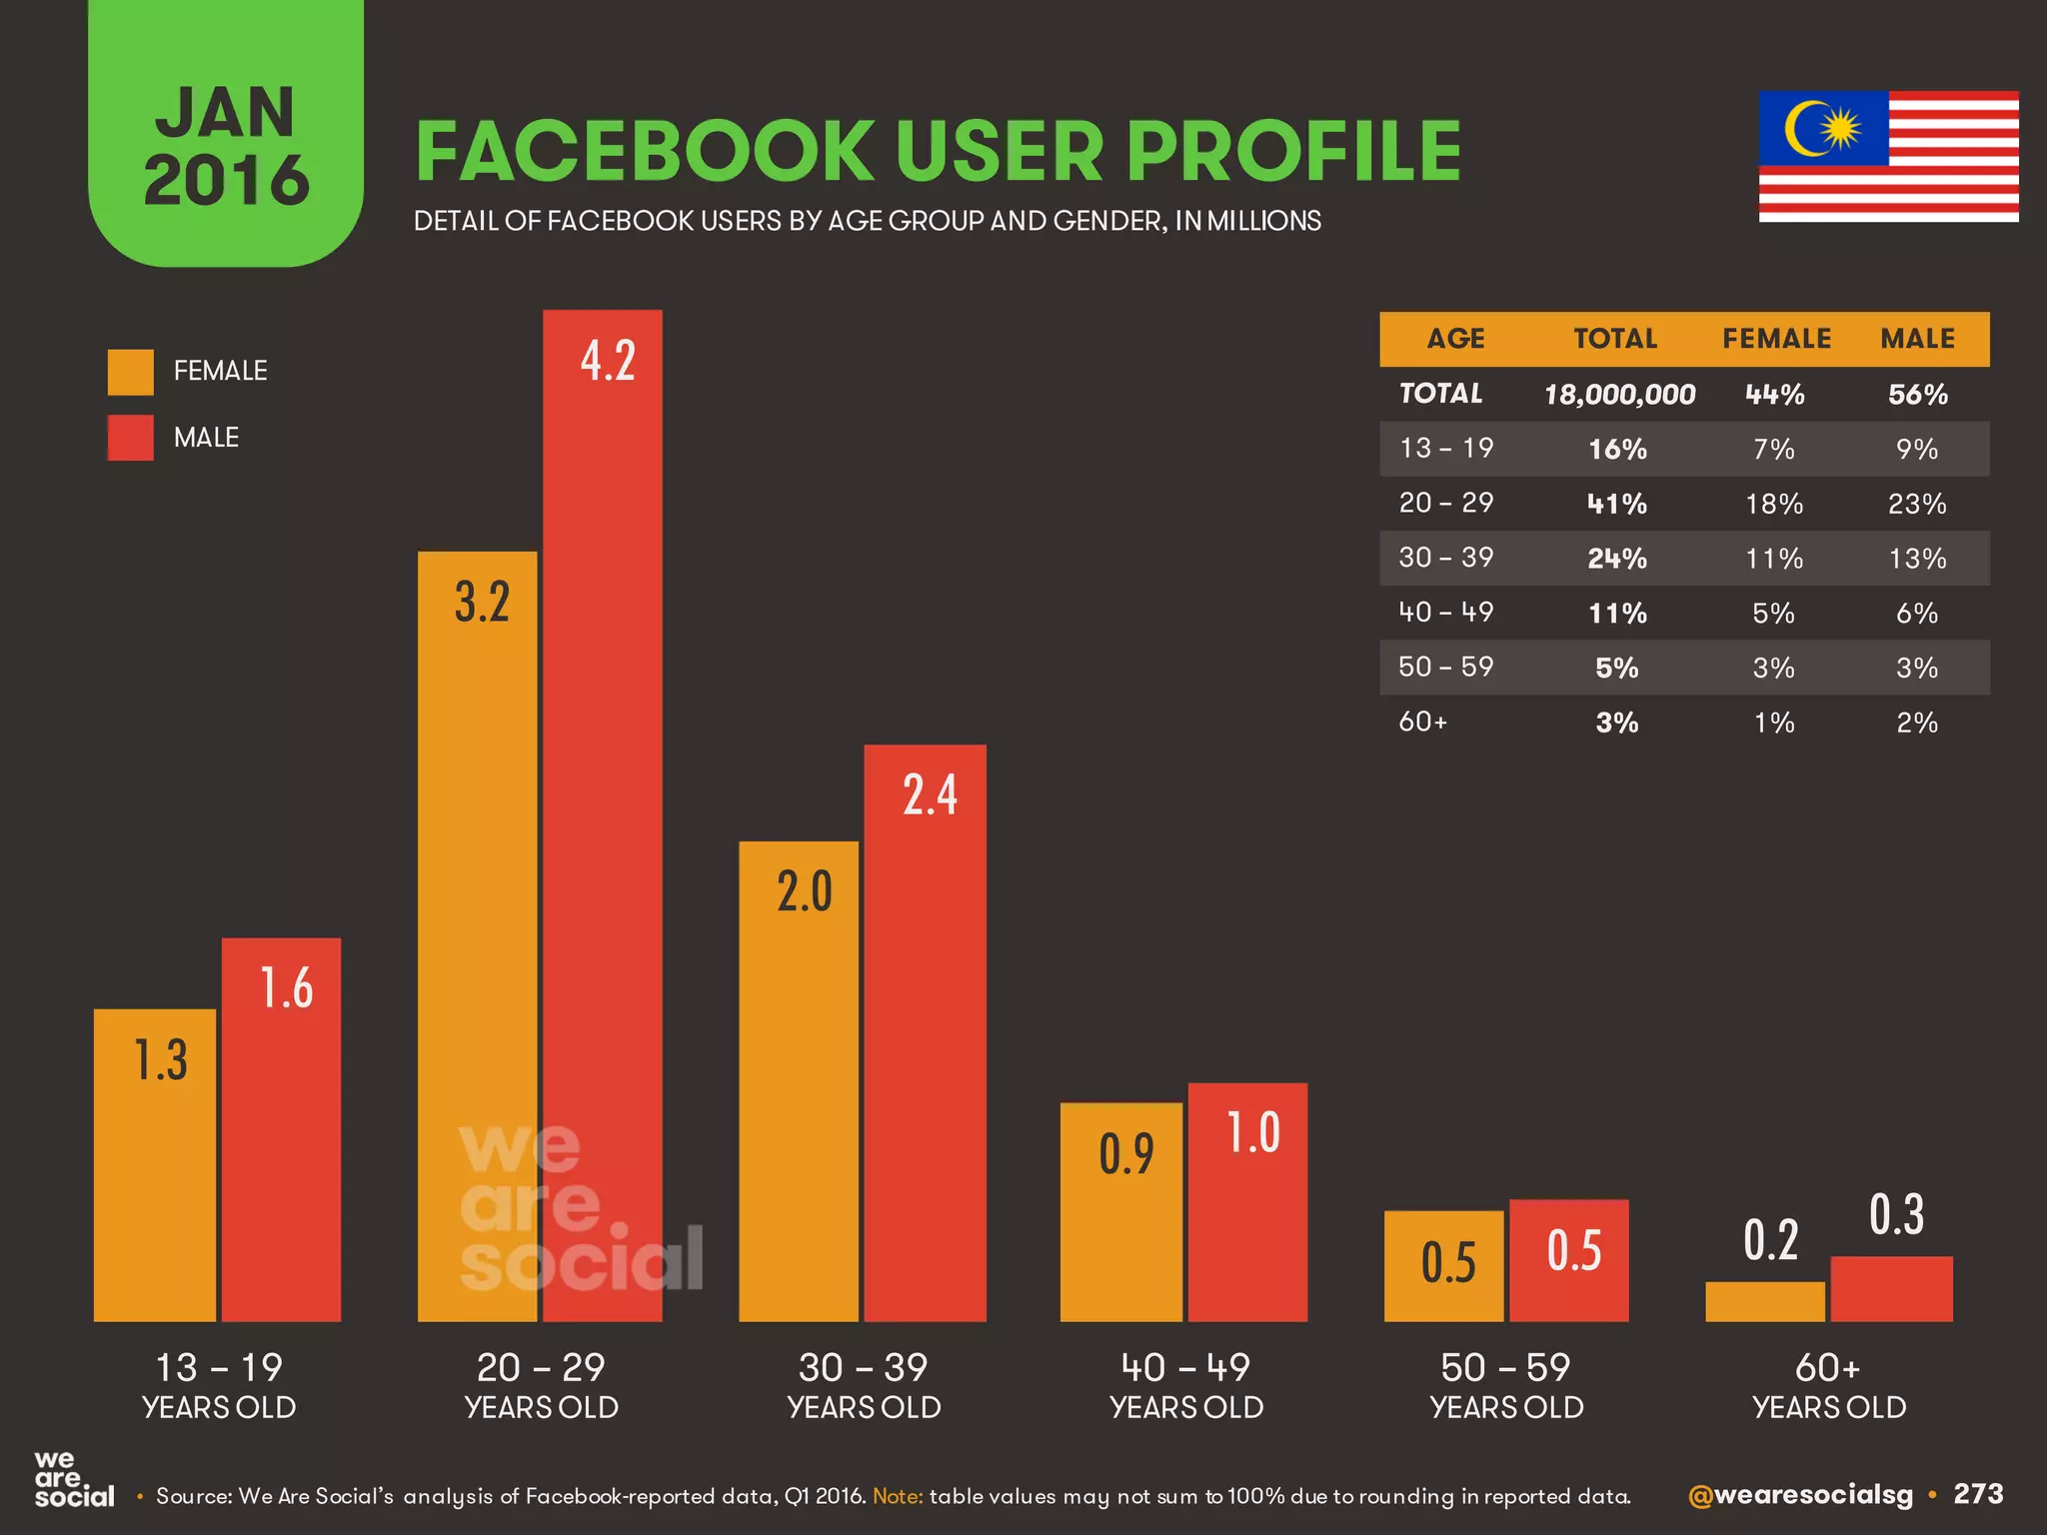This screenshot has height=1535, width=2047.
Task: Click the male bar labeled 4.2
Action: point(603,814)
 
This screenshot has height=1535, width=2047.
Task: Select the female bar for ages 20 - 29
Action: point(477,935)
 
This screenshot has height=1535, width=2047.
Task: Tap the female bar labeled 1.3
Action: point(155,1164)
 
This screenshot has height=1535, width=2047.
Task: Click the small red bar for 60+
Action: point(1891,1288)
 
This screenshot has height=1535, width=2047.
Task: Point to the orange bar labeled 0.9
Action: point(1120,1211)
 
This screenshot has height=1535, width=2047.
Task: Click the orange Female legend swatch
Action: point(131,372)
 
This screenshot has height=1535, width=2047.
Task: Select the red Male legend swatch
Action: point(131,438)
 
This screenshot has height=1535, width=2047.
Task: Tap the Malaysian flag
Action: point(1888,156)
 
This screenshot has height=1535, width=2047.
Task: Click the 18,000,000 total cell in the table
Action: point(1619,395)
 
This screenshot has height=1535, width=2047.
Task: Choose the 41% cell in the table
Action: point(1617,504)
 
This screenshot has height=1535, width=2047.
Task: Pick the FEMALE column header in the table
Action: point(1776,339)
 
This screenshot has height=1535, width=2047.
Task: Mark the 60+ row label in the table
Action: point(1423,722)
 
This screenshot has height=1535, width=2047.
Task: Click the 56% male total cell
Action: point(1917,395)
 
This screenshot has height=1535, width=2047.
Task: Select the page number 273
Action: point(1978,1494)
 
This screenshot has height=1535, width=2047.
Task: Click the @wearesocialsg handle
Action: point(1799,1495)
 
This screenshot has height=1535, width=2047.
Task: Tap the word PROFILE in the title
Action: point(1294,152)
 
